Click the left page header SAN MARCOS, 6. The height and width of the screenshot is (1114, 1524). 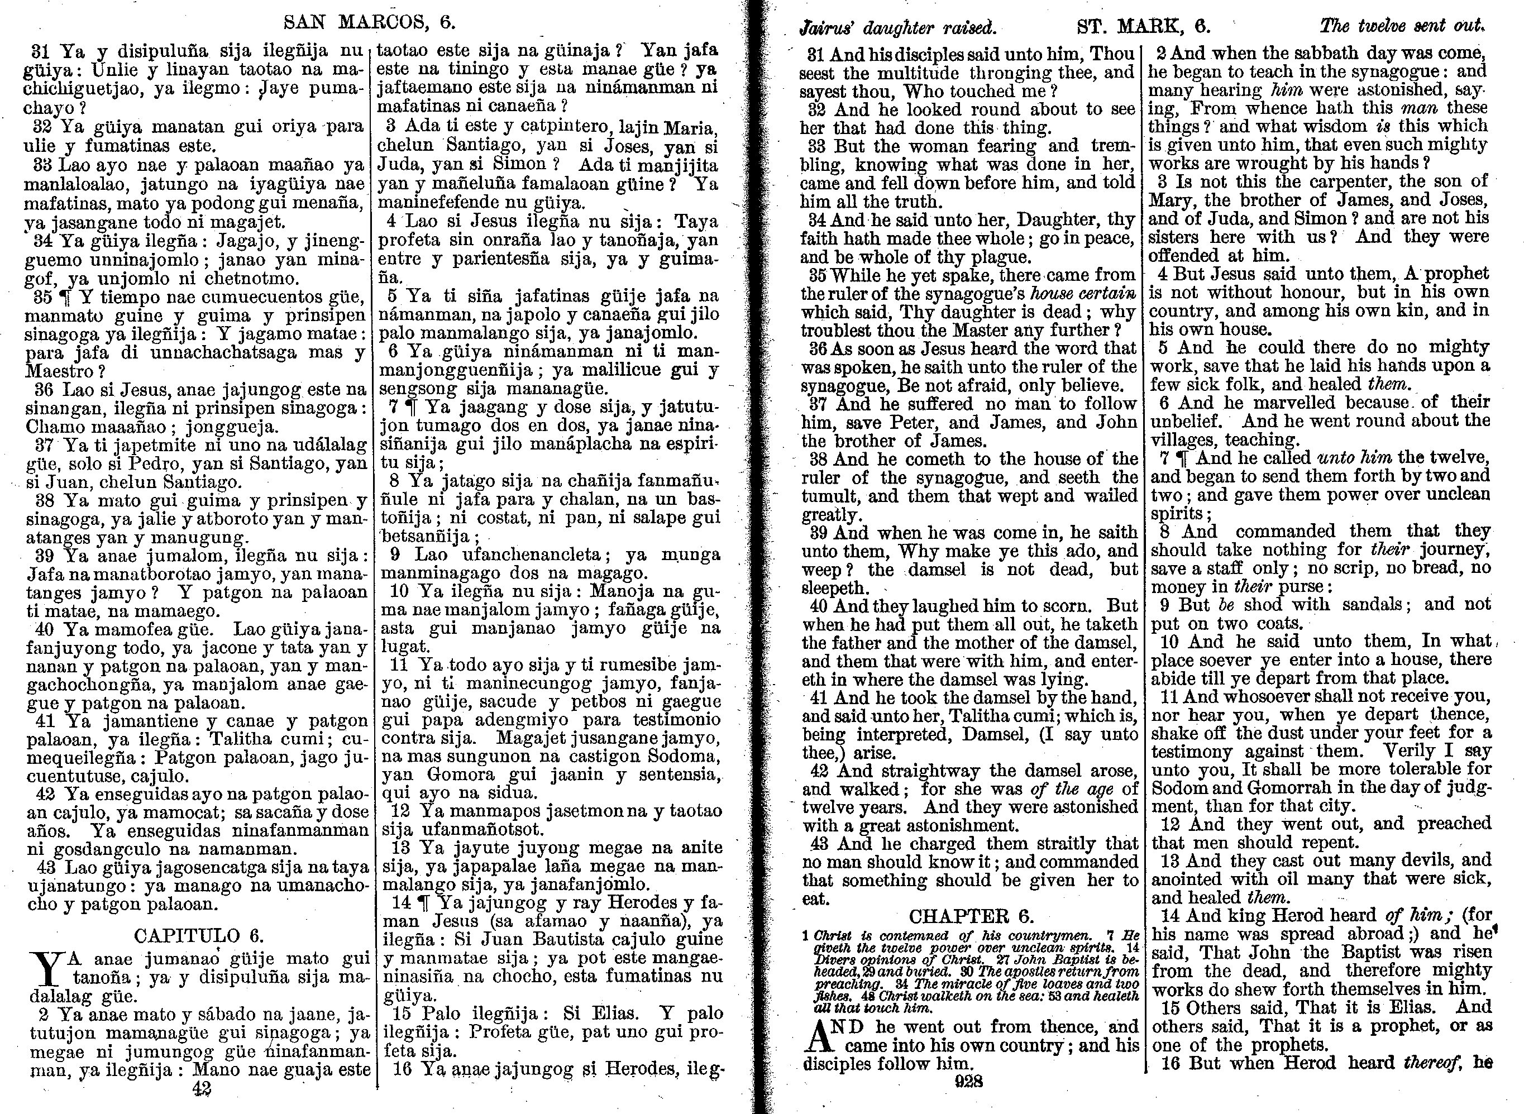point(370,22)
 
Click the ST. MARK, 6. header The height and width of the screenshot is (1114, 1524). point(1144,27)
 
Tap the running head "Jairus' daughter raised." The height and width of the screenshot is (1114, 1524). point(897,28)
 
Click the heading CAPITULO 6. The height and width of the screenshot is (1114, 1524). point(198,935)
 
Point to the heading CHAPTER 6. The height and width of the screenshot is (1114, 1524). point(971,916)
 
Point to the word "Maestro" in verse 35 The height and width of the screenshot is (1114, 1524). point(59,371)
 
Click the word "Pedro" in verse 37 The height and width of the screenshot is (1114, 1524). point(166,464)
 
